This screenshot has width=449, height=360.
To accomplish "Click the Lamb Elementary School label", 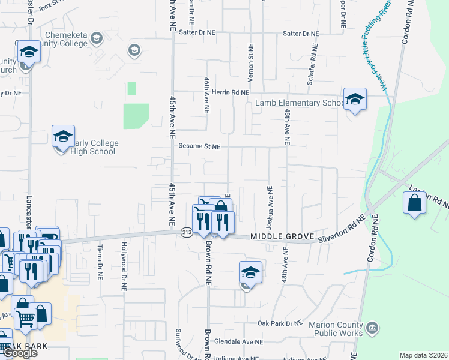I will pos(298,103).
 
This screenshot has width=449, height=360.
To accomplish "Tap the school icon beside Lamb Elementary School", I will pos(355,100).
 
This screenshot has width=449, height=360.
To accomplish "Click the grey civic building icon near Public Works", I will pos(373,328).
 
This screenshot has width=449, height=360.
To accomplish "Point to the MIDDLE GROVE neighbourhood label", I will pos(276,238).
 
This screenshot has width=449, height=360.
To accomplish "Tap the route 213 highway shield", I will pos(186,233).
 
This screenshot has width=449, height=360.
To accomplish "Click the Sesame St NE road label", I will pos(199,146).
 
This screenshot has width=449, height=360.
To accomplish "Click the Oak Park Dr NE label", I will pos(279,323).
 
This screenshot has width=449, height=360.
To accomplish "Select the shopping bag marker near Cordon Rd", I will pos(415,203).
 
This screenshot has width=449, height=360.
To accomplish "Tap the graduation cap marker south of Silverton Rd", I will pos(250,273).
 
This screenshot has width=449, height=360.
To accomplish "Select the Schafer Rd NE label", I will pos(310,64).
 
